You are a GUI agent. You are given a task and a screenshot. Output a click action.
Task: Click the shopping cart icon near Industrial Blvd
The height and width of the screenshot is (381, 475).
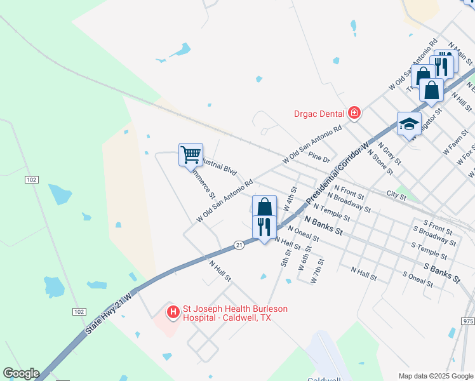(x=191, y=154)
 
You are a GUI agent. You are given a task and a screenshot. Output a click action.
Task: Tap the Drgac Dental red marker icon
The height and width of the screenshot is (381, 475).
(x=354, y=114)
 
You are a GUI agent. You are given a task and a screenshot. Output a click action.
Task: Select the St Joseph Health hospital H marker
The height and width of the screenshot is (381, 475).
(x=172, y=312)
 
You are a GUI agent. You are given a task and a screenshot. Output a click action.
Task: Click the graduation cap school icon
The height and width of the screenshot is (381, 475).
(x=409, y=124)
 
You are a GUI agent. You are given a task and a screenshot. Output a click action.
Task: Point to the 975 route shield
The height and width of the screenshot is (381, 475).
(x=467, y=322)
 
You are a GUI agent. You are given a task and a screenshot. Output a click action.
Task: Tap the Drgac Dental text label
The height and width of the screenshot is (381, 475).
(x=319, y=114)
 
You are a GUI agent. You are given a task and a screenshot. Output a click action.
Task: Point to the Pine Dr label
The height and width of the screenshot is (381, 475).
(x=319, y=157)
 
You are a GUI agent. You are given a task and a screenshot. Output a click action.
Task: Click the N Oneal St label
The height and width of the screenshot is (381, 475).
(x=303, y=233)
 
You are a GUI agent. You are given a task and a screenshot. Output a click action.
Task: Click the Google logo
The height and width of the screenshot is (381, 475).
(x=21, y=373)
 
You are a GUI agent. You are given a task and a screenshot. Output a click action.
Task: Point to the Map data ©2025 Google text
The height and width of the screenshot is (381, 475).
(x=435, y=376)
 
